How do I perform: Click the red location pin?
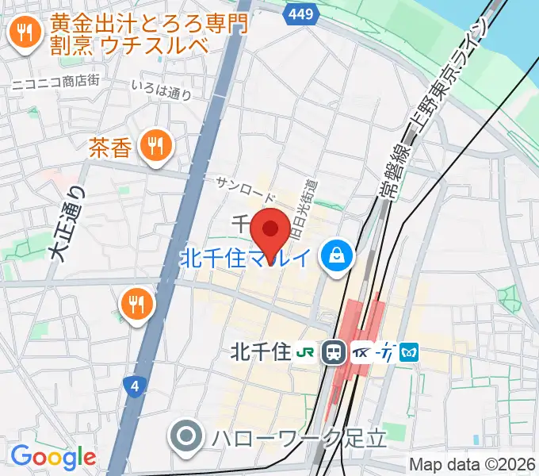tap(269, 230)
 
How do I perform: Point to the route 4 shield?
tap(136, 386)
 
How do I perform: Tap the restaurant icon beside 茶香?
tap(154, 144)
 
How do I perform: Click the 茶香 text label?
tap(109, 147)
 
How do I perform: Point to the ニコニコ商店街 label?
tap(54, 82)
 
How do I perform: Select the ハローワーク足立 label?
tap(298, 436)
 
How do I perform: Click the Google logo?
tap(53, 456)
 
